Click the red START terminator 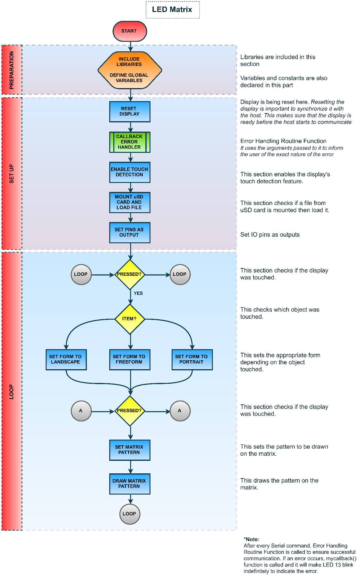click(x=130, y=31)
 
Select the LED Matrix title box click(x=172, y=10)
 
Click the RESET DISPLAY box click(x=130, y=112)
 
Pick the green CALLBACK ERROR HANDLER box click(x=130, y=142)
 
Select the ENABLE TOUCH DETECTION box click(x=130, y=172)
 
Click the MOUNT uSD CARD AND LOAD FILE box click(x=130, y=202)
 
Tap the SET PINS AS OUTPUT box click(x=130, y=232)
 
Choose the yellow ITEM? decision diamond click(x=130, y=319)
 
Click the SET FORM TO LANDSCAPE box click(x=66, y=360)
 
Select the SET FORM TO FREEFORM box click(x=130, y=360)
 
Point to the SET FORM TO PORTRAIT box click(x=192, y=360)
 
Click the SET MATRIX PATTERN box click(x=130, y=450)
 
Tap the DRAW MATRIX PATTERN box click(x=130, y=484)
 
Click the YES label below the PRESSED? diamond click(x=138, y=293)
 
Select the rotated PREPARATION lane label click(x=12, y=70)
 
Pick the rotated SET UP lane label click(x=12, y=174)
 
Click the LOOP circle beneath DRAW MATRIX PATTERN click(x=130, y=514)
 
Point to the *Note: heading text click(x=251, y=539)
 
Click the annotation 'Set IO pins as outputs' click(x=270, y=235)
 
